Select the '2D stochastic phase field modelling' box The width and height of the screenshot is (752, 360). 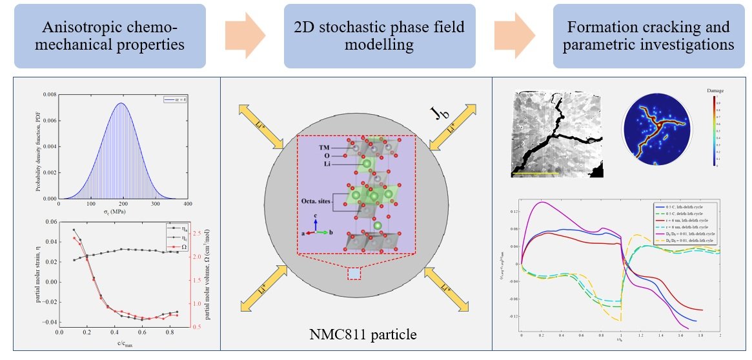pos(380,36)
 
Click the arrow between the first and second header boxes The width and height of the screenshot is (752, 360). pos(245,36)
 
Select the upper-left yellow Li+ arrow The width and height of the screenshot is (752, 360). pos(261,125)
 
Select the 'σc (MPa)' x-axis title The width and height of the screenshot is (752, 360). pos(123,212)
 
